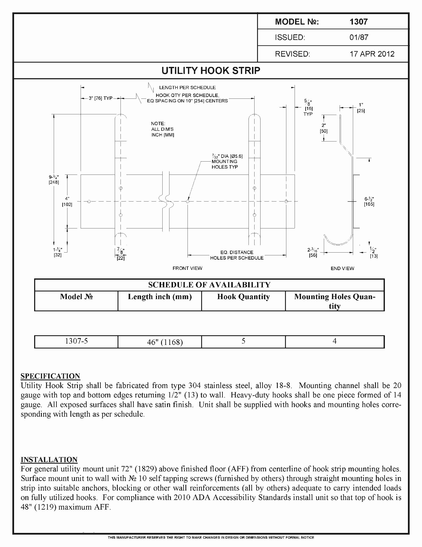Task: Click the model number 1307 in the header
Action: click(x=358, y=22)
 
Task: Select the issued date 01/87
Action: click(x=359, y=38)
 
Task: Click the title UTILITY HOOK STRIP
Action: click(x=211, y=71)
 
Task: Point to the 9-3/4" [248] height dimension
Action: click(x=54, y=179)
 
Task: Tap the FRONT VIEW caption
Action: click(x=187, y=268)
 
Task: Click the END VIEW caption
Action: click(x=342, y=269)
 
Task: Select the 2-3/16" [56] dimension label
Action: click(x=313, y=253)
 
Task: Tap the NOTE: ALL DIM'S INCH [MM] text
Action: click(x=162, y=129)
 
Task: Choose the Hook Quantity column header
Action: click(x=243, y=297)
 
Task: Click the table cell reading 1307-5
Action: click(x=76, y=341)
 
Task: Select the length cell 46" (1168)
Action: click(x=165, y=342)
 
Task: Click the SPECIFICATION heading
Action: click(x=50, y=376)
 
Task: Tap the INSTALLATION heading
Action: click(x=49, y=460)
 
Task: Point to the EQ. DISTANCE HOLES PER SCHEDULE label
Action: click(x=237, y=255)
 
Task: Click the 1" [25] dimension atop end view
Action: click(x=361, y=108)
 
